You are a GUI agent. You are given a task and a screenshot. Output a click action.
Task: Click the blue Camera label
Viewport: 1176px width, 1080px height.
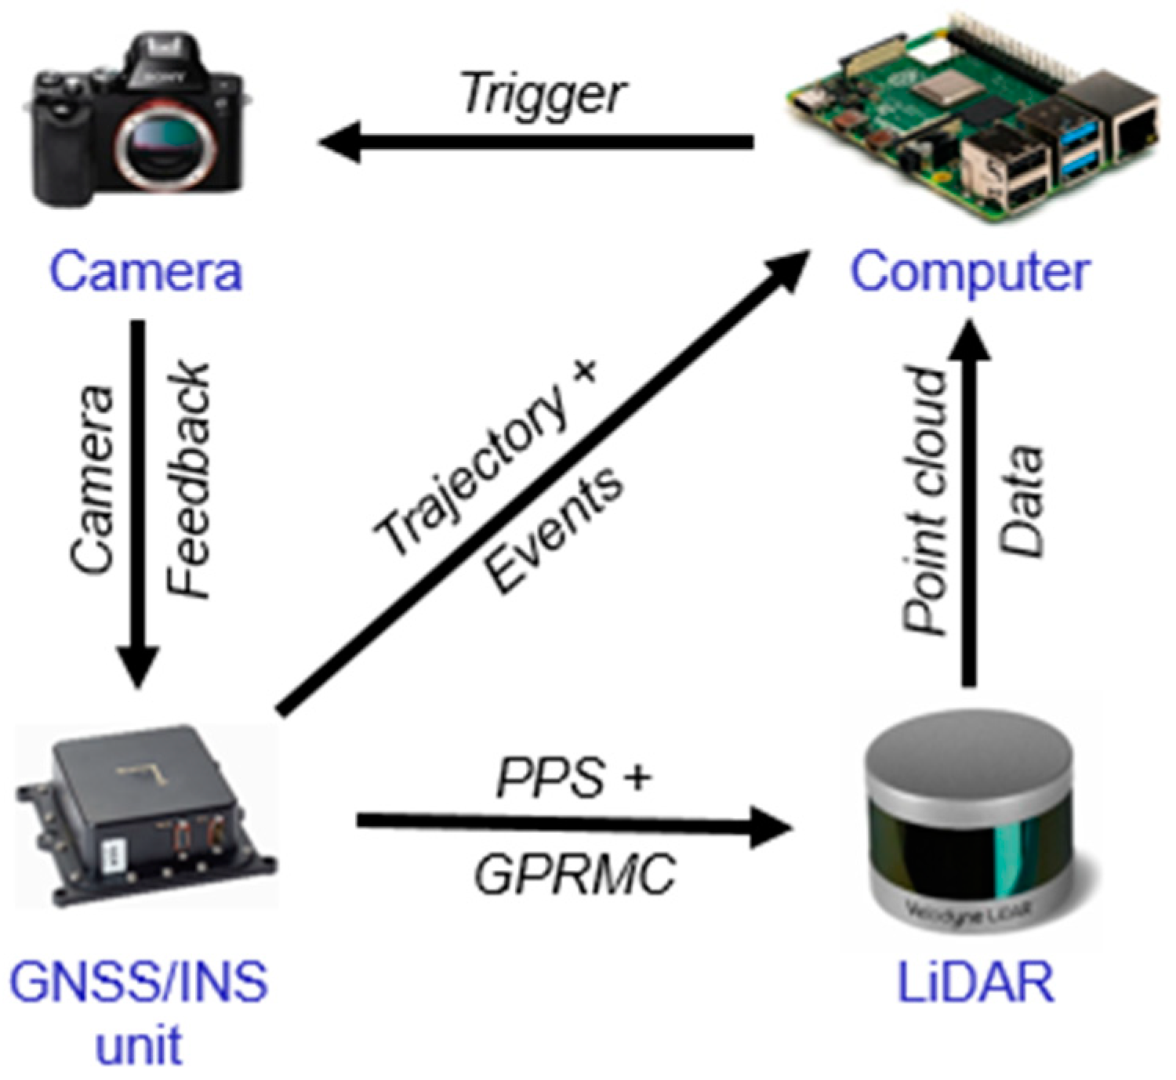tap(146, 271)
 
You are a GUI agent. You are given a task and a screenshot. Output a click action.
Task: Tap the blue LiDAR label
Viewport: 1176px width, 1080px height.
tap(975, 982)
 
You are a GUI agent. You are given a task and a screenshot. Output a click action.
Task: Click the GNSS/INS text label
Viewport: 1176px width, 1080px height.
tap(139, 982)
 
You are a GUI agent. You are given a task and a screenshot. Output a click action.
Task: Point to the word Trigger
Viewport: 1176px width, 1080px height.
tap(543, 95)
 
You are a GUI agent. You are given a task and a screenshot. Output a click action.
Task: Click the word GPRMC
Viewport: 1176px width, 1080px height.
tap(574, 874)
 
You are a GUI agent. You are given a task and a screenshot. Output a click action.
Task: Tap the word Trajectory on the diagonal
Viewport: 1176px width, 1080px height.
tap(470, 470)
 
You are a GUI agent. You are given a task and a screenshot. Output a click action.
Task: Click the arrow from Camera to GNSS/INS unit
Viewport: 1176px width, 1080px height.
tap(137, 502)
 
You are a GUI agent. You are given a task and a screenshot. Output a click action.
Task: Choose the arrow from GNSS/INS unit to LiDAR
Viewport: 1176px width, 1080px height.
tap(572, 823)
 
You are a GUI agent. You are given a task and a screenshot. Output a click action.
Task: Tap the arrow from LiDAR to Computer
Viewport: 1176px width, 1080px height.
tap(969, 502)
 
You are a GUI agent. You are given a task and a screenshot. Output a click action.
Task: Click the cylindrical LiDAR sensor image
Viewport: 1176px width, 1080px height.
tap(969, 823)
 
